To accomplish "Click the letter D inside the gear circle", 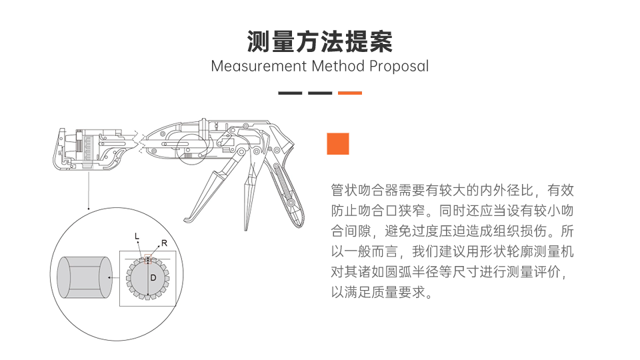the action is coord(153,278).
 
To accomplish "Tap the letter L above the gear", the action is coord(137,236).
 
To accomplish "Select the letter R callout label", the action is coord(164,243).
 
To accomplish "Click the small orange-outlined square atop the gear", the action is coord(148,259).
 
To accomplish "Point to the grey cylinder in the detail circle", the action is coord(85,277).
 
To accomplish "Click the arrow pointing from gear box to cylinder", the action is coord(113,277).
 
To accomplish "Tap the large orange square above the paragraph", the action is coord(338,144).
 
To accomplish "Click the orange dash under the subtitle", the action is coord(350,93).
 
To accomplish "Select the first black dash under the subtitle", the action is coord(290,93).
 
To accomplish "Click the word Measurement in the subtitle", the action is coord(259,66).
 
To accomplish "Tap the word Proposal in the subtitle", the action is coord(399,67).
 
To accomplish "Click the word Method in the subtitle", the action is coord(338,66).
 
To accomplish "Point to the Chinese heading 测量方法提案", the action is coord(319,41).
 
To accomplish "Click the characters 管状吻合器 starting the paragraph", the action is coord(364,190).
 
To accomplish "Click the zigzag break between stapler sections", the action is coord(139,141).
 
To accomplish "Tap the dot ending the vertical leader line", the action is coord(89,209).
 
